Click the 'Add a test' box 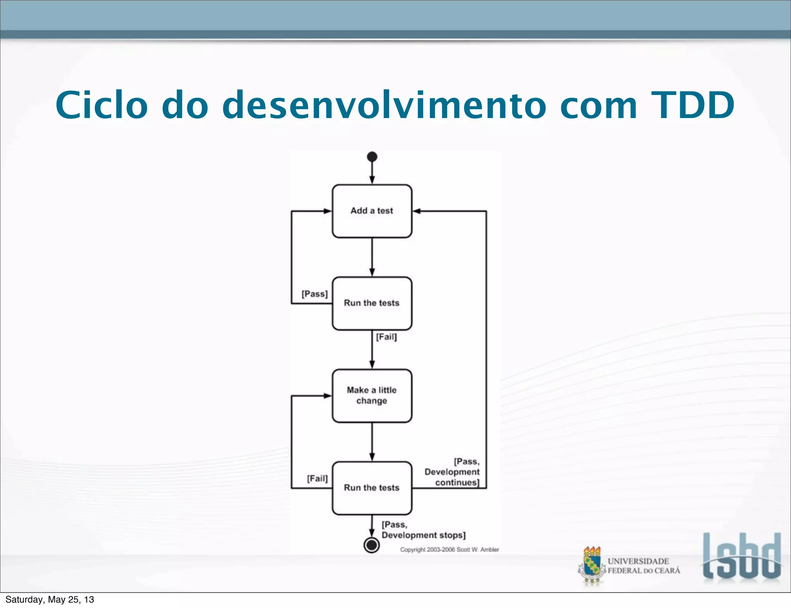(372, 211)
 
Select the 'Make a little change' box (372, 396)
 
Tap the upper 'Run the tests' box (372, 303)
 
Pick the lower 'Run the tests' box (372, 488)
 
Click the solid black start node (372, 157)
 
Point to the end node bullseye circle (372, 545)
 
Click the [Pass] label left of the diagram (314, 294)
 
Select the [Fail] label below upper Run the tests (386, 337)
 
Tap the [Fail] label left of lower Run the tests (317, 479)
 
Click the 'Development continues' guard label (452, 472)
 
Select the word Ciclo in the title (102, 105)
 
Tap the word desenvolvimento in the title (384, 105)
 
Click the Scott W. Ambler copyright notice (449, 549)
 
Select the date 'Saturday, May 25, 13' (50, 600)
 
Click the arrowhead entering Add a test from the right (417, 211)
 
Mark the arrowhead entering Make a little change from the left (328, 396)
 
